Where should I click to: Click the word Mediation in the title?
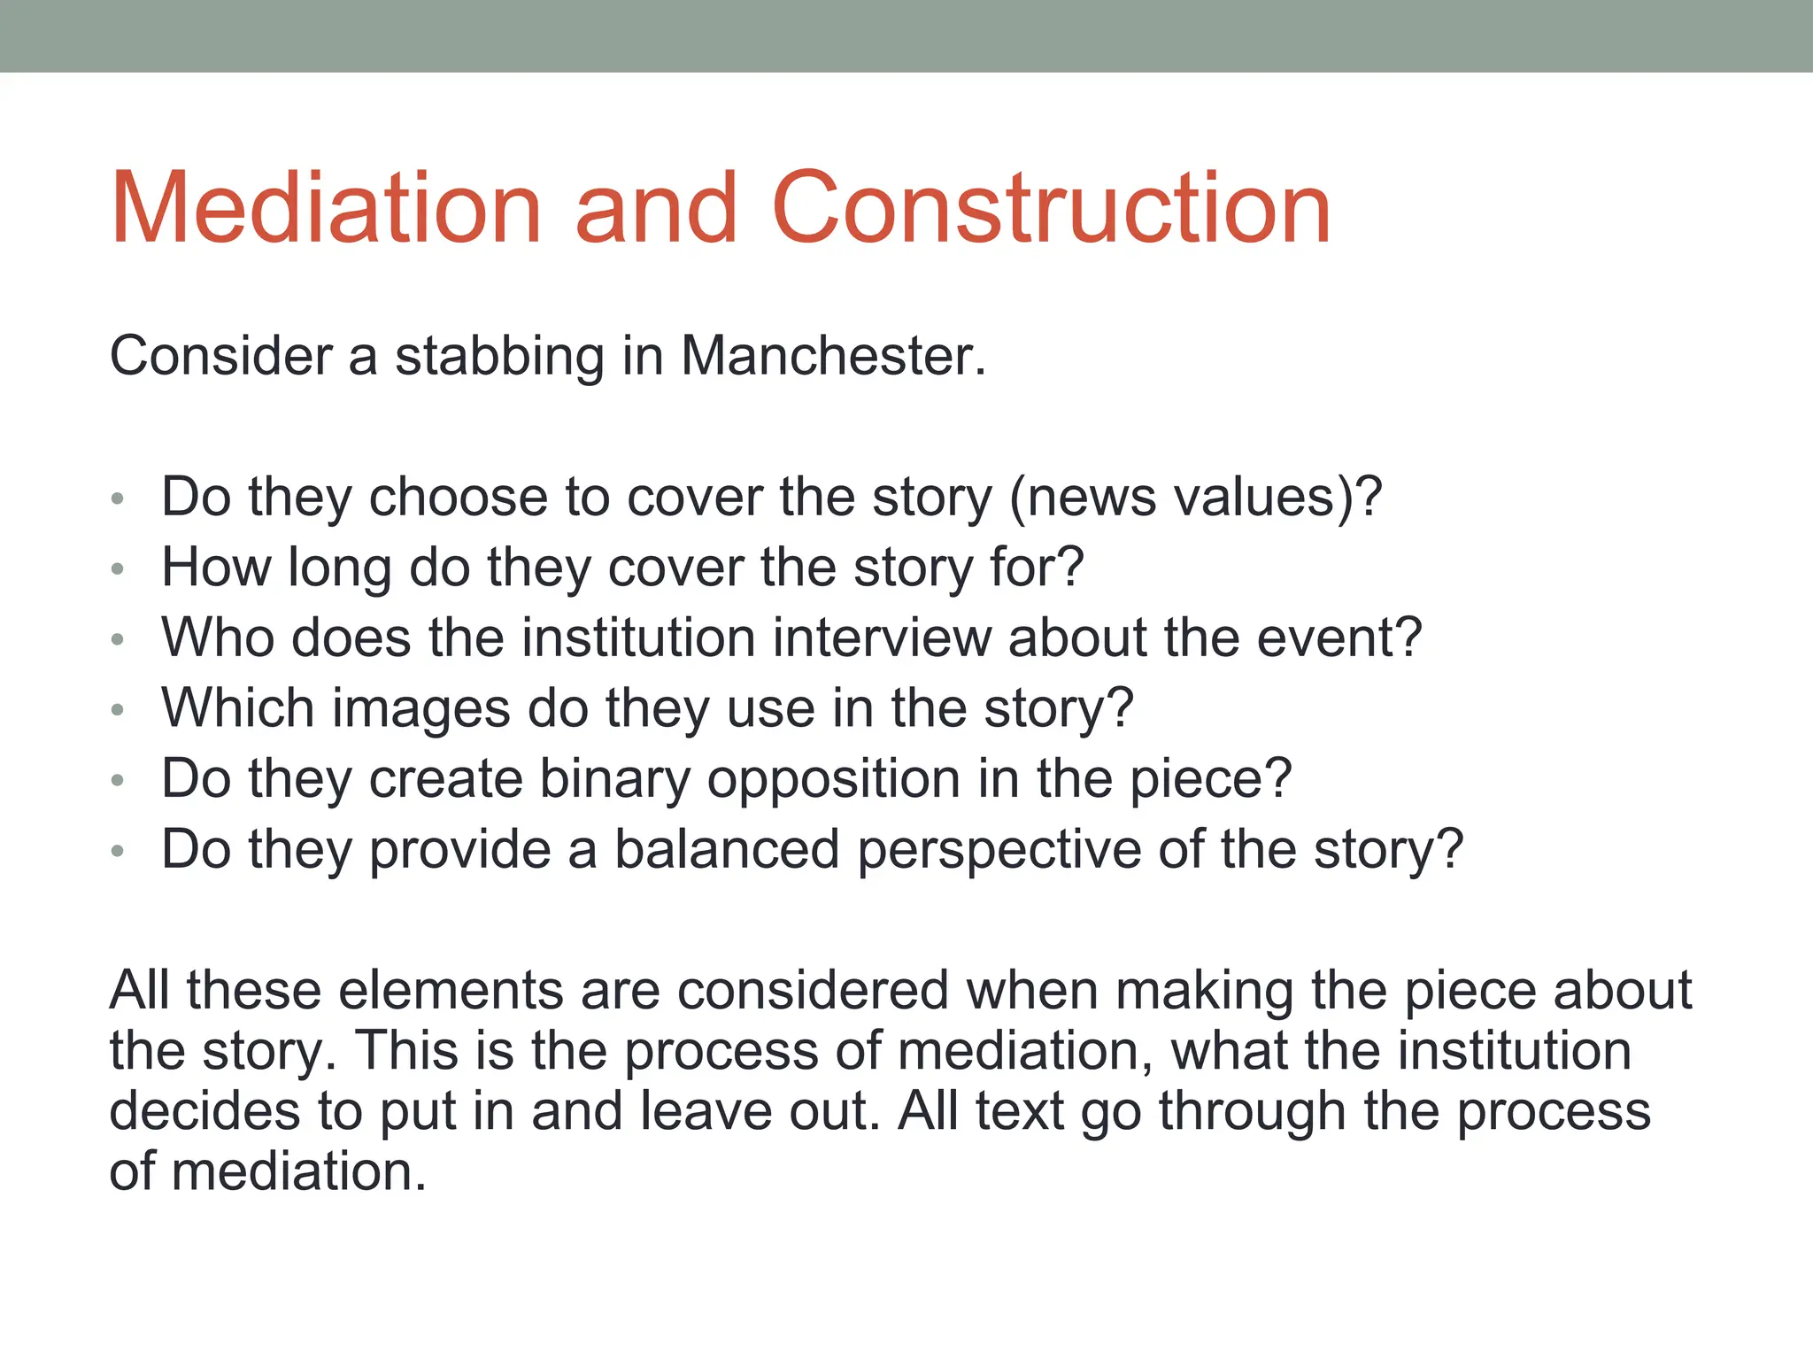[325, 208]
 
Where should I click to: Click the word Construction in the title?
[1051, 208]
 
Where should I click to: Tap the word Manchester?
[832, 356]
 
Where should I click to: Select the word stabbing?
[498, 358]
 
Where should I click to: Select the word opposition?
[833, 780]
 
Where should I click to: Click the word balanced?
[726, 850]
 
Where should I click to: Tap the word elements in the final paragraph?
[451, 990]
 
